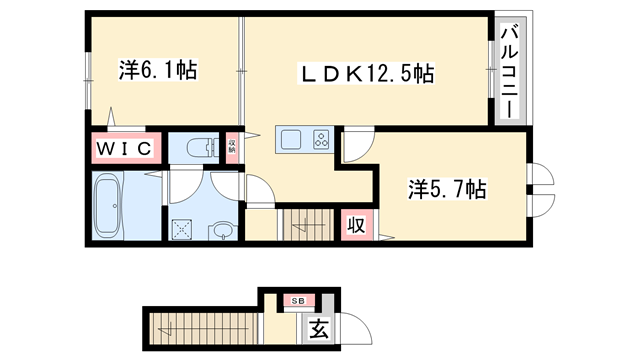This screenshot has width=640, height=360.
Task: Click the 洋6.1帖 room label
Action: (157, 71)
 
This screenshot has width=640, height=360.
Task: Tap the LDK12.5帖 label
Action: (368, 74)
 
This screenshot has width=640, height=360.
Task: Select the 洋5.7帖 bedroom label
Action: (446, 189)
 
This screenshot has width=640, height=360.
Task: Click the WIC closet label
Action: (124, 149)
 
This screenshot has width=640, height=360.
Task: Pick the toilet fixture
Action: (201, 149)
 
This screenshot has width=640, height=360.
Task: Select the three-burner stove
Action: (321, 139)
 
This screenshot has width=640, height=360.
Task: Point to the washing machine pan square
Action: (183, 229)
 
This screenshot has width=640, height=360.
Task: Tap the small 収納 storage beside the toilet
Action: (232, 149)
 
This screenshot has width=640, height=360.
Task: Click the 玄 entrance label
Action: (317, 327)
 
